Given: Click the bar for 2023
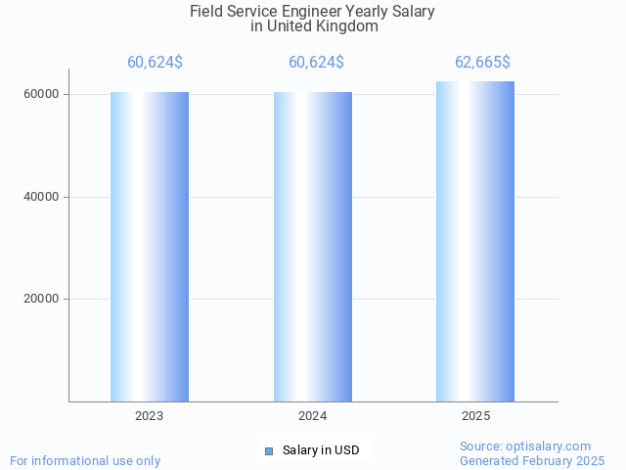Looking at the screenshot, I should tap(150, 247).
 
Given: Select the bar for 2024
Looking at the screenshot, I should tap(313, 247).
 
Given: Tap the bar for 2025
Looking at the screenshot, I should tap(475, 242).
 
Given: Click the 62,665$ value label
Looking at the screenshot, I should tap(482, 63).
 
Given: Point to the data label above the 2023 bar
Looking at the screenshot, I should tap(155, 63).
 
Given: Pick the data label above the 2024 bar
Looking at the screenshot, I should tap(316, 63).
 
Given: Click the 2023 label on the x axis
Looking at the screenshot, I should tap(150, 416).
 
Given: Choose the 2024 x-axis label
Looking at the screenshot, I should tap(313, 416).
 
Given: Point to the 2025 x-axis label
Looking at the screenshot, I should tap(476, 416).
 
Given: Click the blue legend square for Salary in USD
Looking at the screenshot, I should tap(269, 450).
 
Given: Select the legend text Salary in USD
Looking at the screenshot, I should tap(321, 450).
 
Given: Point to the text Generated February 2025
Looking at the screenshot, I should tap(532, 460).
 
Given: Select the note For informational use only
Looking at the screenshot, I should tap(85, 460).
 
